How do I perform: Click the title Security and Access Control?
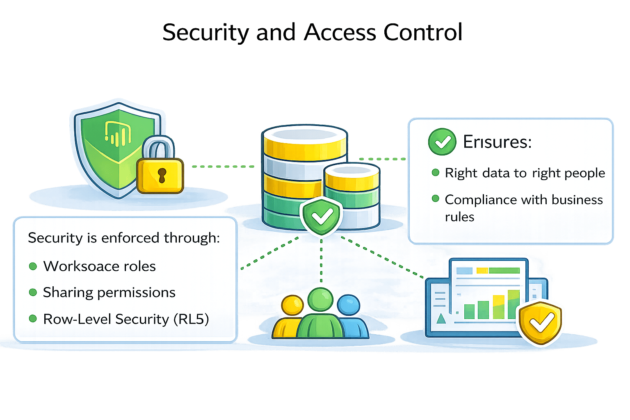(312, 32)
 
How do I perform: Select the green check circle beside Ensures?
(442, 142)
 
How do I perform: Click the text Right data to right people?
(525, 173)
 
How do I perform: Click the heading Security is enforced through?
(124, 238)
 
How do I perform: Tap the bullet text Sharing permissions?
(109, 292)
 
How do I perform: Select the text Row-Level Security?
(106, 319)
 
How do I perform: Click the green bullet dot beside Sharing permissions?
(33, 292)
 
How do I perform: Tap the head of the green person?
(320, 299)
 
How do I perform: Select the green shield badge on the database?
(321, 216)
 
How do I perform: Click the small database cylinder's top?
(351, 170)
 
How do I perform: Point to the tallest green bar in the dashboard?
(514, 304)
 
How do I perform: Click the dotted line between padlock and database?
(221, 167)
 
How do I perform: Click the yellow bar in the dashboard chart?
(498, 307)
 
